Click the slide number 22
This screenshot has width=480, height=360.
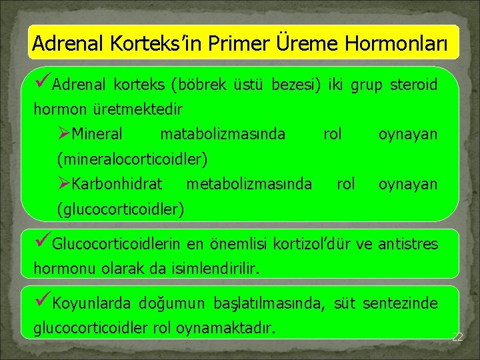pos(457,337)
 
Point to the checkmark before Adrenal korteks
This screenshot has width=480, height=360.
pos(45,85)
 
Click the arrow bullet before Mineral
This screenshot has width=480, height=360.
pos(64,134)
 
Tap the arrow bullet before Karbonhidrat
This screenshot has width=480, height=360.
pos(64,183)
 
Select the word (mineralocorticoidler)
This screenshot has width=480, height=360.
pos(133,159)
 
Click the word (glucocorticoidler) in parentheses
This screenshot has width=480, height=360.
pos(121,209)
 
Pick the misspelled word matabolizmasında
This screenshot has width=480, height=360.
pos(223,134)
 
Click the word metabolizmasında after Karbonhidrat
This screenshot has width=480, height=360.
pos(249,183)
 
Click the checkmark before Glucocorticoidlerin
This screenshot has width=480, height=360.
pos(45,243)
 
